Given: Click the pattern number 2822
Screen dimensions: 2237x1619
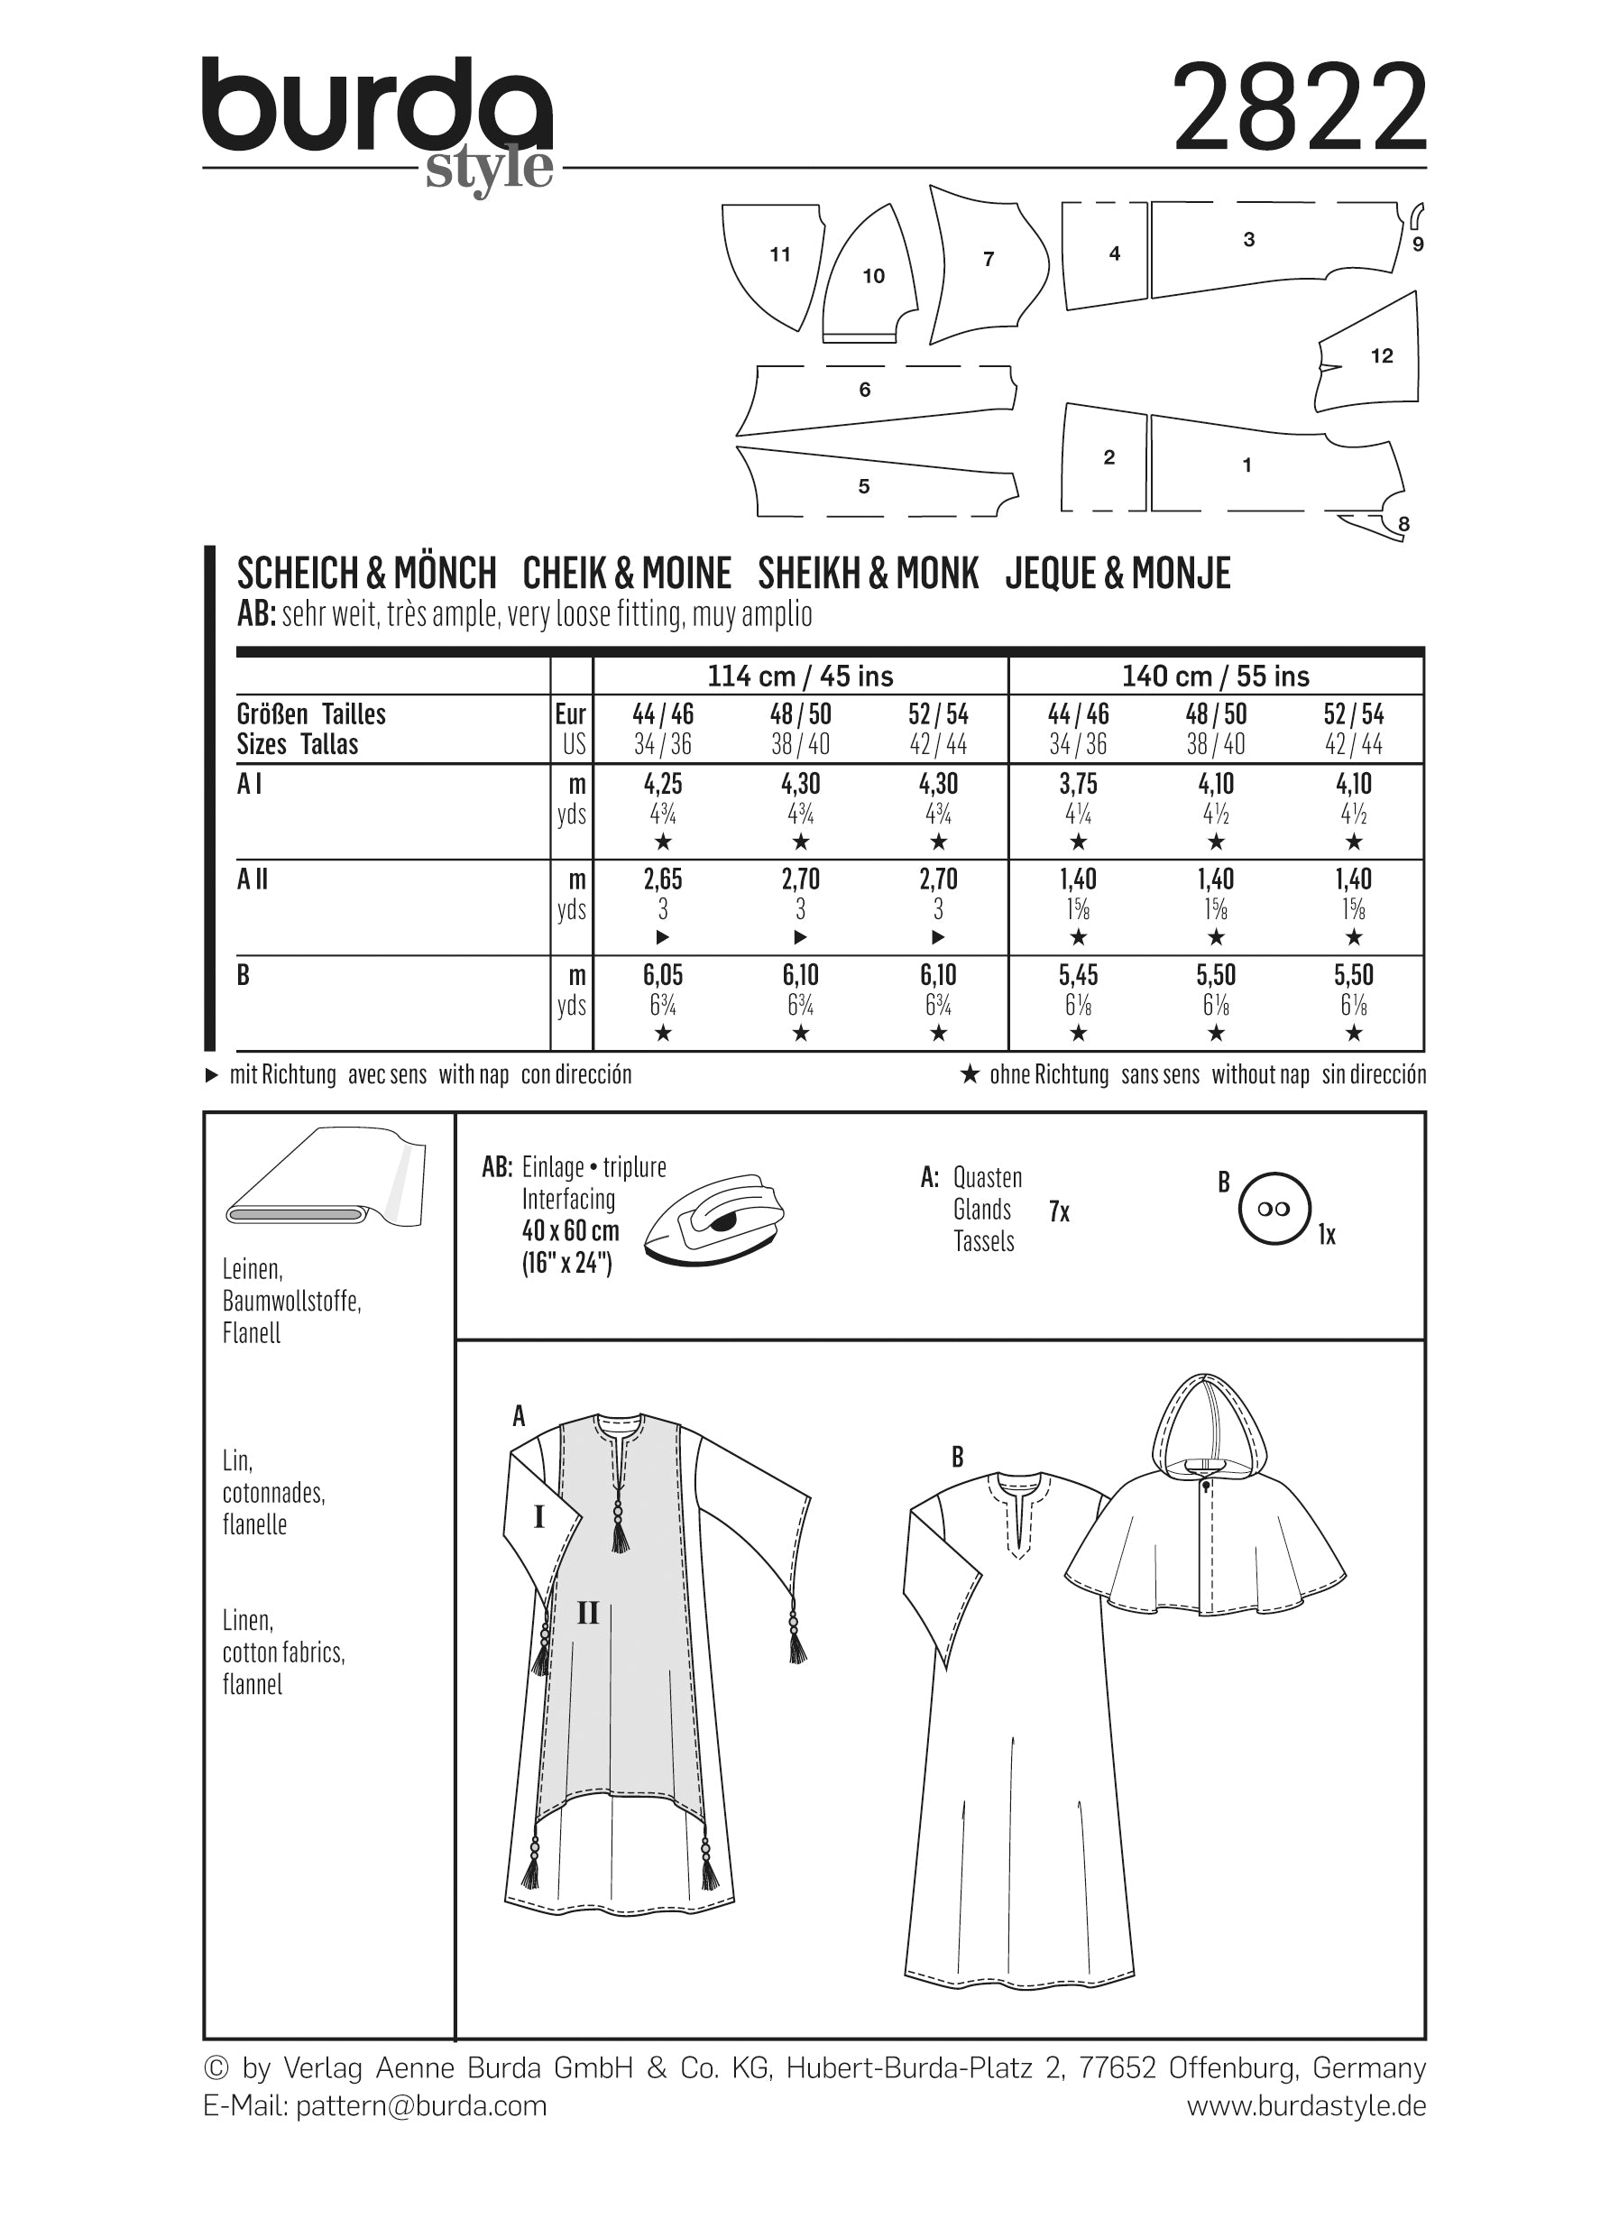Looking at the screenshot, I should point(1300,107).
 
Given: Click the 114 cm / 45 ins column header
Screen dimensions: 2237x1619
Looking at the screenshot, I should point(800,677).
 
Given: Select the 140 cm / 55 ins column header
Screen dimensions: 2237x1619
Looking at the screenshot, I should point(1215,677).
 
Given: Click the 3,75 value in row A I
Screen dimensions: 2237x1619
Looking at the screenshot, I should point(1078,784).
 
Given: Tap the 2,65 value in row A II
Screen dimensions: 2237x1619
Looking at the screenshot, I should point(663,879).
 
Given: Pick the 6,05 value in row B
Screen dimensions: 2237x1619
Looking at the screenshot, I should point(663,975).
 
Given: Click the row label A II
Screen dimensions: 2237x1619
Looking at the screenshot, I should point(253,879).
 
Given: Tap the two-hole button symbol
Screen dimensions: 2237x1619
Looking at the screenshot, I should point(1274,1210).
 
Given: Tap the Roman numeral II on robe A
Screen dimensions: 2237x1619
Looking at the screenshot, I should point(588,1614).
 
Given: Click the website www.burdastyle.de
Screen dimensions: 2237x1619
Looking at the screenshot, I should point(1305,2106).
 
